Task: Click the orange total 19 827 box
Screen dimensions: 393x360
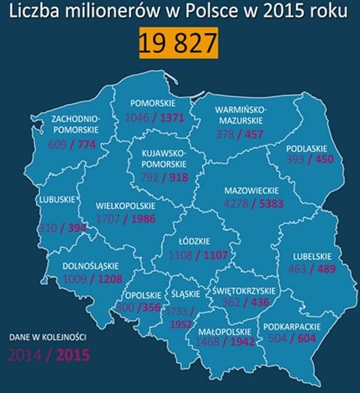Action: [x=178, y=43]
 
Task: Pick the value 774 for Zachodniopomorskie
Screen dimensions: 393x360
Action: [x=92, y=144]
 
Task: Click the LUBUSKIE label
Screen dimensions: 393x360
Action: [x=55, y=196]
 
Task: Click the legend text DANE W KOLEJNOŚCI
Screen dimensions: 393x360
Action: [x=47, y=338]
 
